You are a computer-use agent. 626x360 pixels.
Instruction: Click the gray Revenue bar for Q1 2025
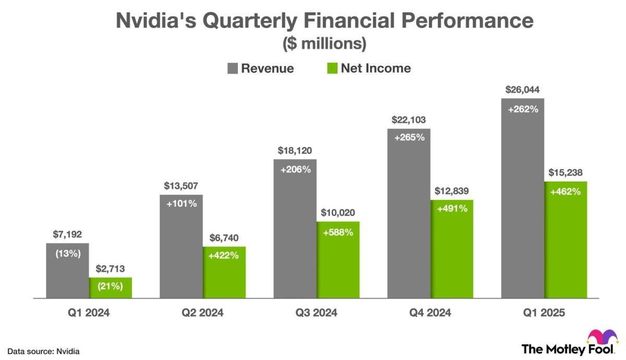(523, 209)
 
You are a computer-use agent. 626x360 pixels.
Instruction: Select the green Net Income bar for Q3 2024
(338, 266)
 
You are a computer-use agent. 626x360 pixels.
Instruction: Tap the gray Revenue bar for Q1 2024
(67, 277)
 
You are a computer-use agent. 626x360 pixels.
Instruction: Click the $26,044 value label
(523, 90)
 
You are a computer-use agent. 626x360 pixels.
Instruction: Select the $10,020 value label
(338, 213)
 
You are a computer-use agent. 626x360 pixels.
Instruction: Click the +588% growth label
(338, 232)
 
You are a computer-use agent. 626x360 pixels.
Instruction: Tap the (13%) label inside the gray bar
(67, 254)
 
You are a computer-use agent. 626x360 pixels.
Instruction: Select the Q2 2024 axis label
(202, 313)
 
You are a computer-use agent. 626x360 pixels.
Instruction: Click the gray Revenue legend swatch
(232, 68)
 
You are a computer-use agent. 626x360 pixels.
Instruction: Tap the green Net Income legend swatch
(332, 68)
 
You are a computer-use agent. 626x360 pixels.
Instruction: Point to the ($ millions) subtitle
(324, 44)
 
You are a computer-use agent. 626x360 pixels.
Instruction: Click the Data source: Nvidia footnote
(43, 351)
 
